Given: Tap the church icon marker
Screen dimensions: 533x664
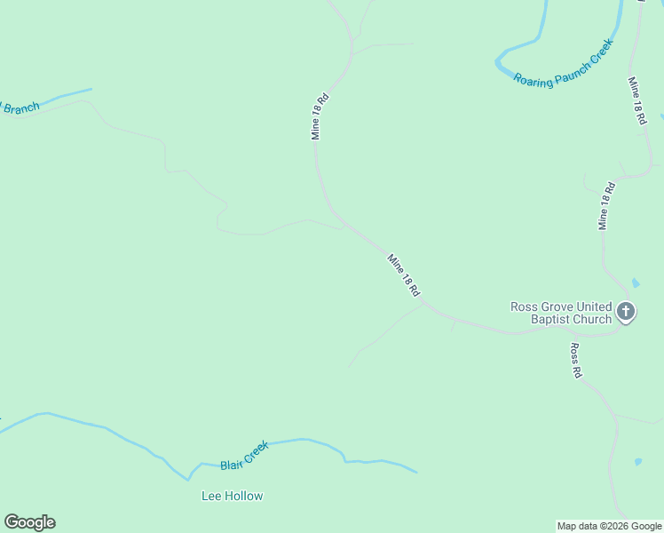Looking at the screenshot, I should coord(626,312).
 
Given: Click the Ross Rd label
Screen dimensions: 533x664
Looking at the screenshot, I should coord(576,362).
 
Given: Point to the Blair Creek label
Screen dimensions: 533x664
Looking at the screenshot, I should coord(244,457).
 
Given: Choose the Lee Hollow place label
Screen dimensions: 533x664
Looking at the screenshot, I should coord(233,496).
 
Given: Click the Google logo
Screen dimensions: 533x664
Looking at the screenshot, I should coord(29,522).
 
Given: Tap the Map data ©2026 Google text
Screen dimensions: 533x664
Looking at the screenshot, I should coord(609,526).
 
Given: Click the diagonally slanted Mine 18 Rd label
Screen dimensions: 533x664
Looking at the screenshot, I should coord(403,275).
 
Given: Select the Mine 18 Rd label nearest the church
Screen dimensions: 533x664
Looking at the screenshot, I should coord(606,206).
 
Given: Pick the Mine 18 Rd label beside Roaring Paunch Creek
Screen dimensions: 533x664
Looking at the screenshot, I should coord(637,100).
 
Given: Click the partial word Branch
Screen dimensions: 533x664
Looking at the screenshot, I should coord(21,108).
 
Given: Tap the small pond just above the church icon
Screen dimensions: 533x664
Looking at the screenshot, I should coord(635,283).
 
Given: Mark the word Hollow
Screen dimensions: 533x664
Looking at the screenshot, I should coord(244,496).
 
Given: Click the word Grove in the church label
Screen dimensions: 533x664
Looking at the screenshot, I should coord(560,306).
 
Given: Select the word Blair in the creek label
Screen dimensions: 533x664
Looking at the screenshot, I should coord(232,463).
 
